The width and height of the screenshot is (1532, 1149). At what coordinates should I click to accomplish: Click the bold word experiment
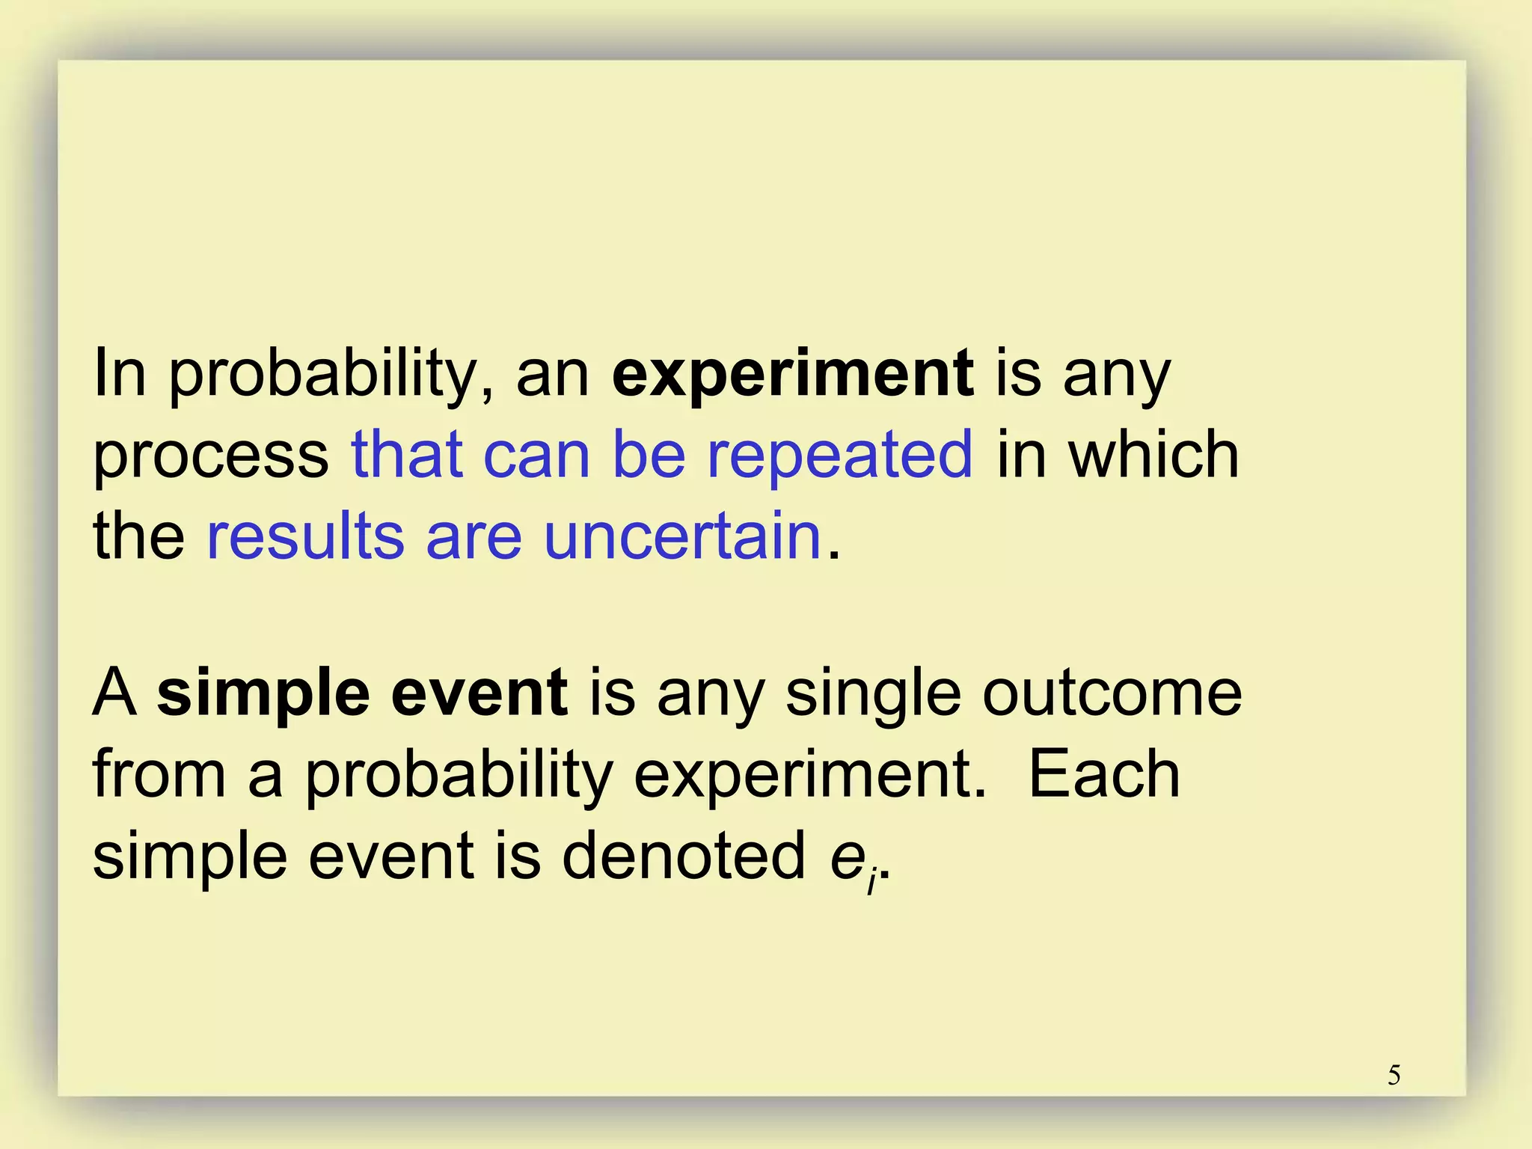(793, 374)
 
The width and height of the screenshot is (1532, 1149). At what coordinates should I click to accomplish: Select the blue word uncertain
(682, 536)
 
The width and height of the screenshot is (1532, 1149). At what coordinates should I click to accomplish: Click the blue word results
(305, 536)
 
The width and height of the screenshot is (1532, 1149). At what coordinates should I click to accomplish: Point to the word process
(210, 457)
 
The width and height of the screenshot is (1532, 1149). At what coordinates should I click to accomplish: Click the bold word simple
(263, 695)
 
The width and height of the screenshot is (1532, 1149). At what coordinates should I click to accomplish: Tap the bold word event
(479, 693)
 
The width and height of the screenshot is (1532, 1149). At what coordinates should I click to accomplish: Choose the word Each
(1104, 775)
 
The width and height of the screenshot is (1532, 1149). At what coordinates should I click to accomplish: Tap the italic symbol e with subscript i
(853, 860)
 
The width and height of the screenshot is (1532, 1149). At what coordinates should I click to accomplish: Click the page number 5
(1394, 1076)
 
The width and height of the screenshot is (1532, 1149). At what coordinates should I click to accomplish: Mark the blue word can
(537, 456)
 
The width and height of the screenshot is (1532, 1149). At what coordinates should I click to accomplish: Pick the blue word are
(474, 537)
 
